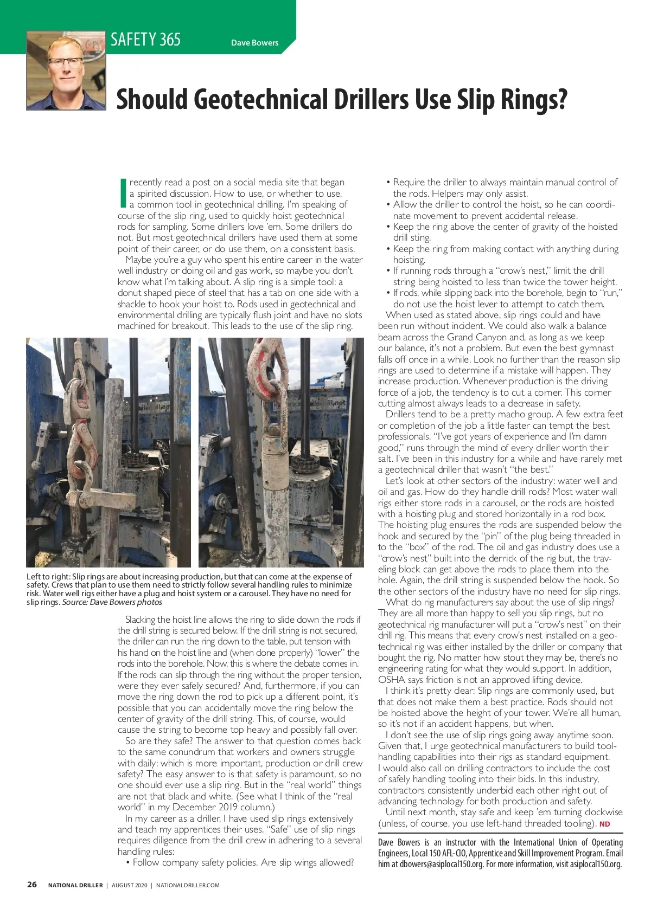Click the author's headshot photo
pyautogui.click(x=66, y=71)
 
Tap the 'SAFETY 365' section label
pyautogui.click(x=145, y=40)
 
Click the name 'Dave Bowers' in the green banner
pyautogui.click(x=254, y=43)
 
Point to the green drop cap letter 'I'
pyautogui.click(x=123, y=193)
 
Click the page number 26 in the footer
pyautogui.click(x=32, y=885)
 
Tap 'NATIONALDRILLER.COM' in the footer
pyautogui.click(x=188, y=886)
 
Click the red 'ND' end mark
pyautogui.click(x=604, y=824)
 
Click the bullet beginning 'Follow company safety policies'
pyautogui.click(x=239, y=862)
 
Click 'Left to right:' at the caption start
pyautogui.click(x=48, y=577)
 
